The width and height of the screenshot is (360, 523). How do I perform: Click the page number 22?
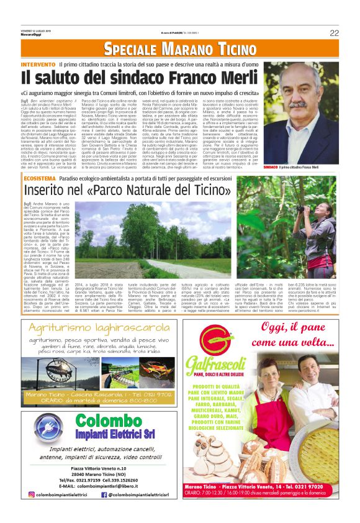tap(334, 32)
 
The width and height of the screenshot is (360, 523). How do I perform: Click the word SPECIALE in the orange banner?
tap(131, 48)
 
